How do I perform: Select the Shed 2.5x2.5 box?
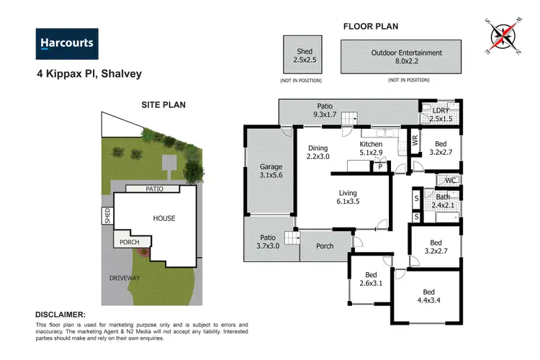(305, 55)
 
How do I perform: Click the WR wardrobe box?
(414, 140)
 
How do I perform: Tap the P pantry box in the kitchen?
(380, 167)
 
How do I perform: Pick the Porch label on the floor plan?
(325, 246)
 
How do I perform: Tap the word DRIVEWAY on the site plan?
(120, 277)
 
